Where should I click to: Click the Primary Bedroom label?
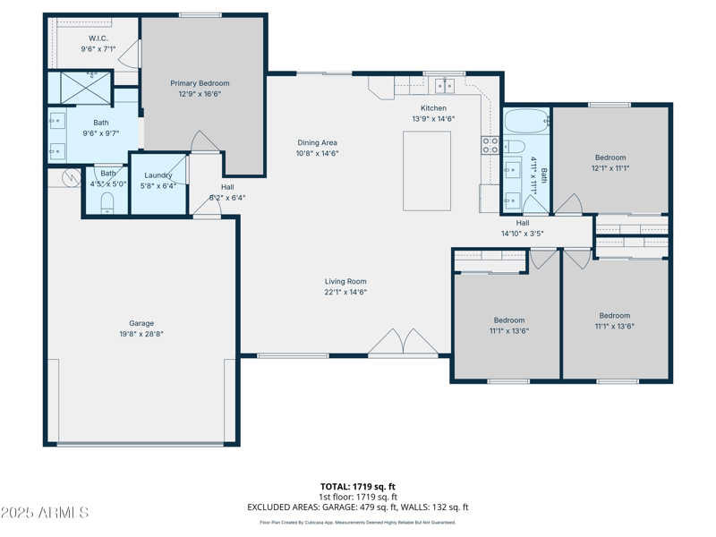pos(200,83)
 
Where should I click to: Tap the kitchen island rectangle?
pos(427,171)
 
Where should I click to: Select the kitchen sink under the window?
pos(444,85)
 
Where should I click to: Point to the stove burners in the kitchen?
pos(490,145)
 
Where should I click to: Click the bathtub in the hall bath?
pos(527,121)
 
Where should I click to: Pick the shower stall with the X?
pos(85,87)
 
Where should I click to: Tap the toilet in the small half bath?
pos(107,202)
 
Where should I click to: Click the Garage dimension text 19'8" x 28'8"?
pos(141,334)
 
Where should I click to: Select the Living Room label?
pos(345,281)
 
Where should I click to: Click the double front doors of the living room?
pos(404,342)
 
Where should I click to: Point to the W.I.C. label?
pos(98,38)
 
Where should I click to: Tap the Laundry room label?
pos(158,175)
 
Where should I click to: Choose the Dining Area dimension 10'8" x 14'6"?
pos(317,153)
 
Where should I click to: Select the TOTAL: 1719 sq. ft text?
pos(357,487)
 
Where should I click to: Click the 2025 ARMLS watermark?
pos(44,512)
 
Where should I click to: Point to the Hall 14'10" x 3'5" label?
pos(523,228)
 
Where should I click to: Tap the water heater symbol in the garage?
pos(72,177)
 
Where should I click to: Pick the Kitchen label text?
pos(433,108)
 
